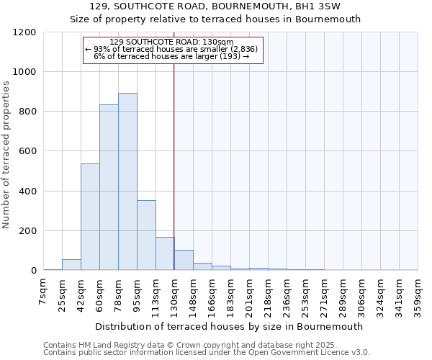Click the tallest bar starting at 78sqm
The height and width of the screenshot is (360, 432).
pyautogui.click(x=127, y=181)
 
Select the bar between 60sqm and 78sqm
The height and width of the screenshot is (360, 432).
pyautogui.click(x=109, y=187)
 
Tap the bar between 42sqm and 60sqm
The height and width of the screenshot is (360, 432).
pyautogui.click(x=90, y=217)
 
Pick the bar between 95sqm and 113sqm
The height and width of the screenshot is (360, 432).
pyautogui.click(x=146, y=235)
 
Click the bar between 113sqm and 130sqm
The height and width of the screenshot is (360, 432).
pyautogui.click(x=165, y=253)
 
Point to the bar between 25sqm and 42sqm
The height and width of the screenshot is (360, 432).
pyautogui.click(x=71, y=264)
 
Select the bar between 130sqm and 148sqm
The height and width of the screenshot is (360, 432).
pyautogui.click(x=184, y=260)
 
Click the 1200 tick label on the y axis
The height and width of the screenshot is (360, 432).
pyautogui.click(x=24, y=32)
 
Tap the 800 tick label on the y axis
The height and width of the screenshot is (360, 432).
pyautogui.click(x=27, y=112)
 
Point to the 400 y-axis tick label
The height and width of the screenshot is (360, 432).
pyautogui.click(x=27, y=192)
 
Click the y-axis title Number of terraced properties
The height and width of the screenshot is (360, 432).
pyautogui.click(x=7, y=155)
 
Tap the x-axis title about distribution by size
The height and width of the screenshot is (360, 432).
pyautogui.click(x=230, y=326)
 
